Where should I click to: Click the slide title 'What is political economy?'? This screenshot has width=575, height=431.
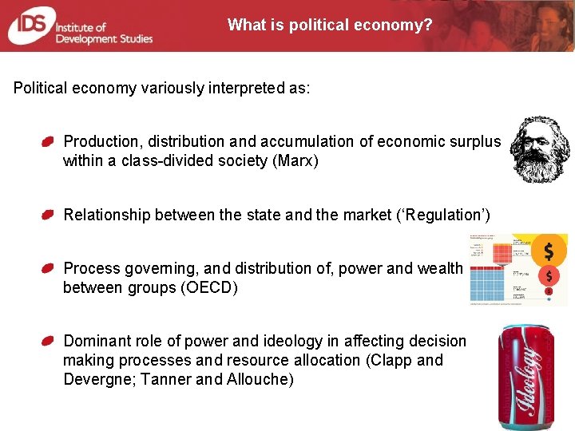coord(330,25)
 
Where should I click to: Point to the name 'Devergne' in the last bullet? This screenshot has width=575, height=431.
coord(101,379)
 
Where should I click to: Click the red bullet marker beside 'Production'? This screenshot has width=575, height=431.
coord(48,142)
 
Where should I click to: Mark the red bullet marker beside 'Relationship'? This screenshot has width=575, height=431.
coord(48,215)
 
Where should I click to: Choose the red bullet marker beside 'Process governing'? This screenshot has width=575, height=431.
coord(48,269)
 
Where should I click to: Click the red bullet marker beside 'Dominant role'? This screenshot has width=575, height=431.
coord(48,342)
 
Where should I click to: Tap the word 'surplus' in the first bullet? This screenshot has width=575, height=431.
coord(474,141)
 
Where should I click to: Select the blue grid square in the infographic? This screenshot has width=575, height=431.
coord(489,283)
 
